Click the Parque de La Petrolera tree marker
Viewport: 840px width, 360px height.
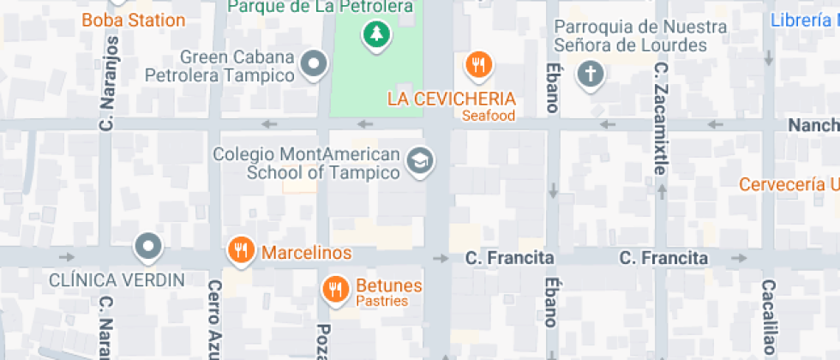click(375, 35)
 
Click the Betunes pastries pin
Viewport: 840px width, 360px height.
click(335, 289)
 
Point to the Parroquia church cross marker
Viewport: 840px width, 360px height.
click(591, 74)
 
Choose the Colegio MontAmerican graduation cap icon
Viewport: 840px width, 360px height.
click(420, 160)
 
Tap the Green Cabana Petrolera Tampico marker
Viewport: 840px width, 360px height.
click(315, 63)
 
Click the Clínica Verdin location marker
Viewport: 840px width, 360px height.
click(149, 247)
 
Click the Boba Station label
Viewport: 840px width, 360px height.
click(133, 20)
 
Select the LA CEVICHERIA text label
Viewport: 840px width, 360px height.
click(451, 99)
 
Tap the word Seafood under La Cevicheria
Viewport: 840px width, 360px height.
click(489, 116)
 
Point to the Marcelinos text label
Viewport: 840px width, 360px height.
click(306, 253)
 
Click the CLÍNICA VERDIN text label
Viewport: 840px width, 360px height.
click(117, 279)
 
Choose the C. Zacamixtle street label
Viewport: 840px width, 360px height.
click(660, 117)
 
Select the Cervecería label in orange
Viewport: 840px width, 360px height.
click(789, 184)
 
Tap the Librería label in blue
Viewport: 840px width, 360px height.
click(804, 20)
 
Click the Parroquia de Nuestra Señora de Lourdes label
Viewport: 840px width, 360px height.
click(640, 36)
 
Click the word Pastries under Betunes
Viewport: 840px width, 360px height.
click(381, 301)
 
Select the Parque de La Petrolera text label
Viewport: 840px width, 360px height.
click(321, 7)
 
